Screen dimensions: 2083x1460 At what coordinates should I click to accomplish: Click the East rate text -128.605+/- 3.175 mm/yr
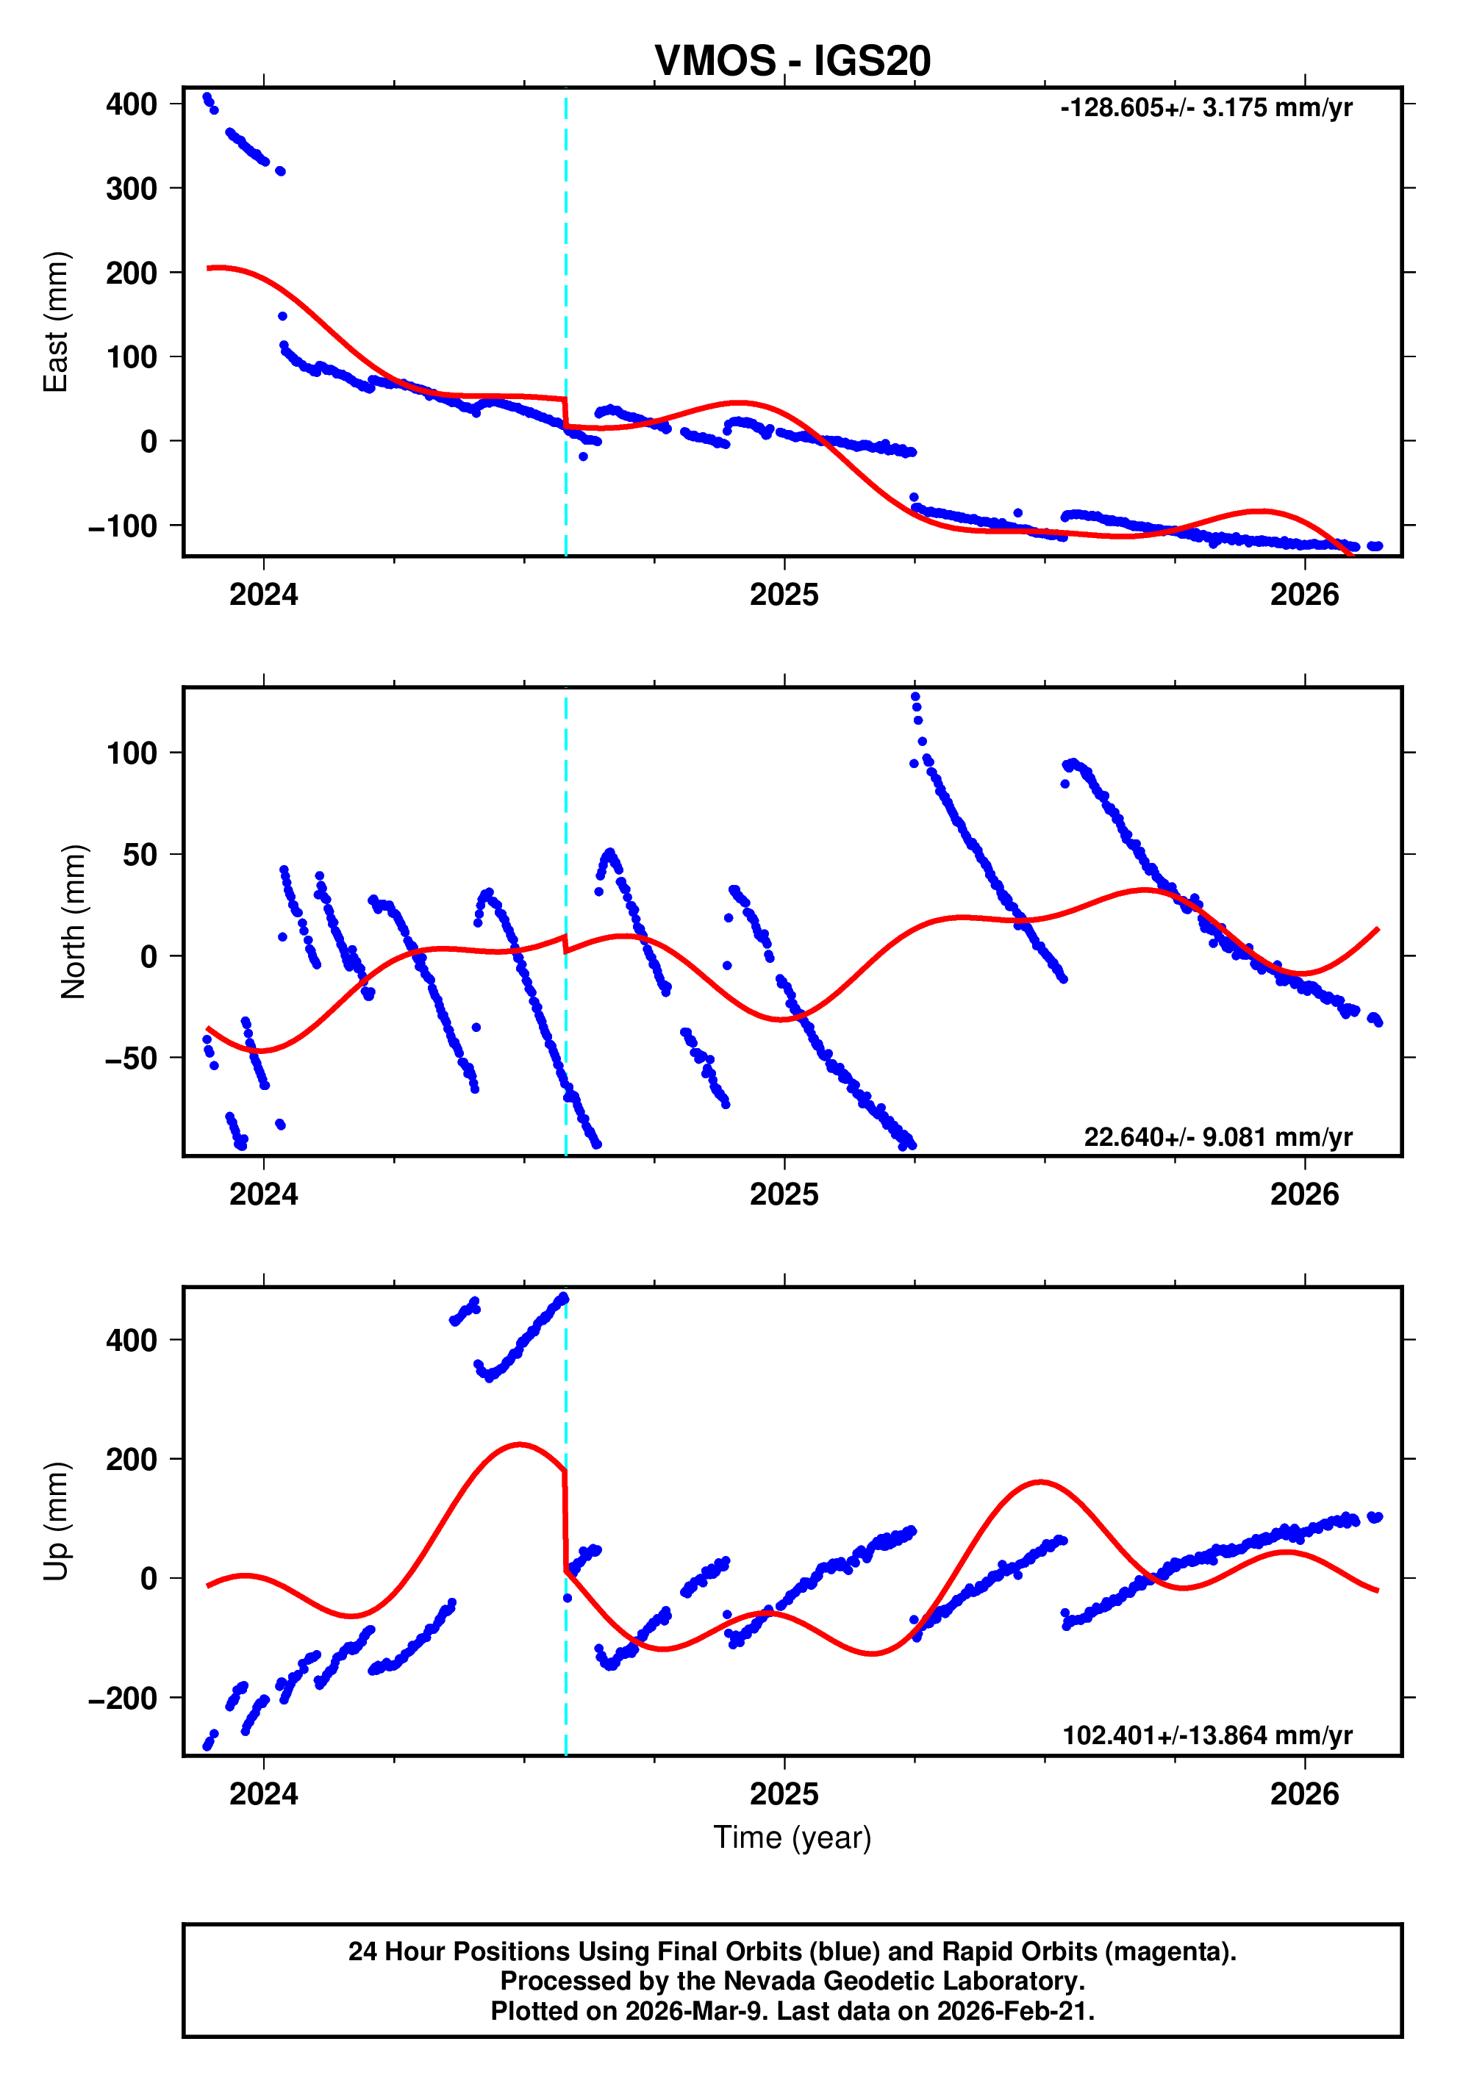pyautogui.click(x=1206, y=108)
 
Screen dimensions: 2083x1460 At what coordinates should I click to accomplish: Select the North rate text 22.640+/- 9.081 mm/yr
pyautogui.click(x=1217, y=1137)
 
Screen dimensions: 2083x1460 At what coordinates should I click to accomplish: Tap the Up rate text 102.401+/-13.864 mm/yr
pyautogui.click(x=1207, y=1735)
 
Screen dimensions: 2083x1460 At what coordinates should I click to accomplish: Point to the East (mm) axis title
pyautogui.click(x=57, y=322)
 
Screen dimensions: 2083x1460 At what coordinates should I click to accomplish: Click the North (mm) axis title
pyautogui.click(x=73, y=922)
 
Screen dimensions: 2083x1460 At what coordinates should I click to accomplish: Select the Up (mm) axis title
pyautogui.click(x=57, y=1521)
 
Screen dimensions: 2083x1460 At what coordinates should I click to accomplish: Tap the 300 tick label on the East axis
pyautogui.click(x=132, y=189)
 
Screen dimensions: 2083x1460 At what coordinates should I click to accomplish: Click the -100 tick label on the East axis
pyautogui.click(x=123, y=526)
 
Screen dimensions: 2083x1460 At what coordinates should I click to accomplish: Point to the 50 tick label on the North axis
pyautogui.click(x=140, y=855)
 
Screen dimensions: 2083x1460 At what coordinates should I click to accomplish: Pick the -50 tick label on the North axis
pyautogui.click(x=132, y=1058)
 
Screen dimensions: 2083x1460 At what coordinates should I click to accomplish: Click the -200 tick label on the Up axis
pyautogui.click(x=123, y=1699)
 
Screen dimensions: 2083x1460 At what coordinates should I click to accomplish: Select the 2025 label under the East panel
pyautogui.click(x=784, y=595)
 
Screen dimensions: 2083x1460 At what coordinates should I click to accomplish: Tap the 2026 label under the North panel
pyautogui.click(x=1304, y=1195)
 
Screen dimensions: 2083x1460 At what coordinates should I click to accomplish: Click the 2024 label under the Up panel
pyautogui.click(x=263, y=1793)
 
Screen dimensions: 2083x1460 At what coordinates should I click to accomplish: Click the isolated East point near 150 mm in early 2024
pyautogui.click(x=282, y=317)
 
